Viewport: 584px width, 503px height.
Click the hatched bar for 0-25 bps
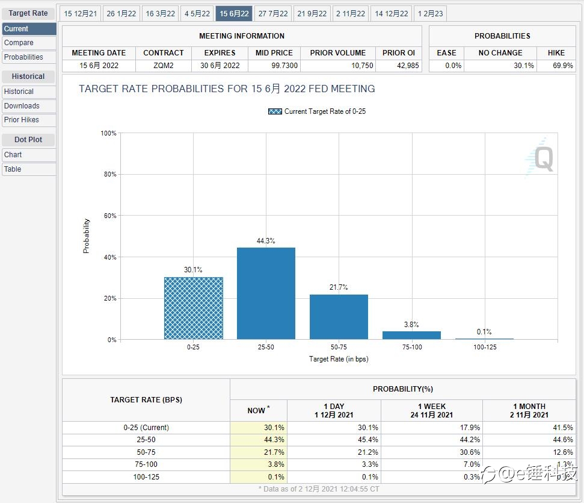pos(194,308)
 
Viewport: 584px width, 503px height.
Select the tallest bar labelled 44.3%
pos(266,293)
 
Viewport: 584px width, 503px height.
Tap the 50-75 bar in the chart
pos(339,317)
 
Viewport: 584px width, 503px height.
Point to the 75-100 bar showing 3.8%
pos(411,335)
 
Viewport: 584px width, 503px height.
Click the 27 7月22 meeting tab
pos(273,14)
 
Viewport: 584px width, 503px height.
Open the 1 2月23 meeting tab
pos(430,14)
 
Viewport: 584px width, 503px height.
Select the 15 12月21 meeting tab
pos(81,14)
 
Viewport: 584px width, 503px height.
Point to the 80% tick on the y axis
pos(110,174)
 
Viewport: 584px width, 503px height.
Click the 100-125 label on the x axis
pos(485,347)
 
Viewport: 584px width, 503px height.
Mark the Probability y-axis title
pos(87,236)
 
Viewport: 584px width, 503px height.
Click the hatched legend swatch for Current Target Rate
pos(275,111)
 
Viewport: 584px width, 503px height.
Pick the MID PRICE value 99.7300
pos(284,66)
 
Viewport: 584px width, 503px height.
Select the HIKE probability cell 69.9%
pos(563,66)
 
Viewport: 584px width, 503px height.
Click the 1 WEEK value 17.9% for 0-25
pos(470,428)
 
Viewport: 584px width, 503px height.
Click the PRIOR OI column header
pos(399,53)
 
